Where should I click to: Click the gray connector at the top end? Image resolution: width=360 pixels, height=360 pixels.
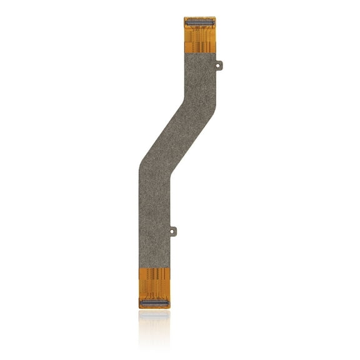[199, 22]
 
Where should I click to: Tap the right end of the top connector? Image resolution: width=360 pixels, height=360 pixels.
[212, 22]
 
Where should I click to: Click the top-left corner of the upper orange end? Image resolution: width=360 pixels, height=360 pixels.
[185, 18]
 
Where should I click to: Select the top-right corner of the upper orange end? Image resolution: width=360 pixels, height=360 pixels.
[214, 18]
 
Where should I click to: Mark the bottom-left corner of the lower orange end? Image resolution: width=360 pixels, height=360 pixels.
[139, 307]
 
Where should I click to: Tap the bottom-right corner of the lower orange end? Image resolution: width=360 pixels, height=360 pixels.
[169, 307]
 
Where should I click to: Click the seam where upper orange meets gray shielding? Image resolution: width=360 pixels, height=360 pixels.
[199, 51]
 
